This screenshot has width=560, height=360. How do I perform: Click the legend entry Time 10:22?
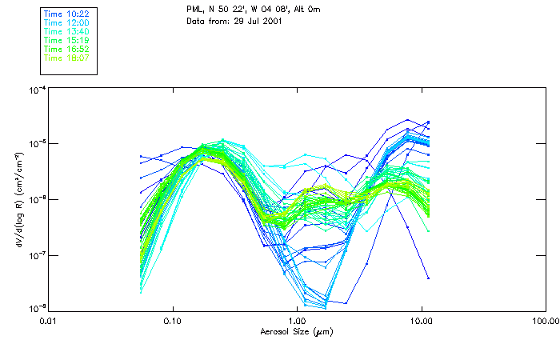[x=67, y=13]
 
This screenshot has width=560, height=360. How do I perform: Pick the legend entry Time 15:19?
[x=67, y=39]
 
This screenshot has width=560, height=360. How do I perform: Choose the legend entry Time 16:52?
[x=67, y=48]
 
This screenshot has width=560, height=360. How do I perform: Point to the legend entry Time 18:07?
[x=67, y=57]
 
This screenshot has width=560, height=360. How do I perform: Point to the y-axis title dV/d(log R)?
[x=16, y=199]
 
